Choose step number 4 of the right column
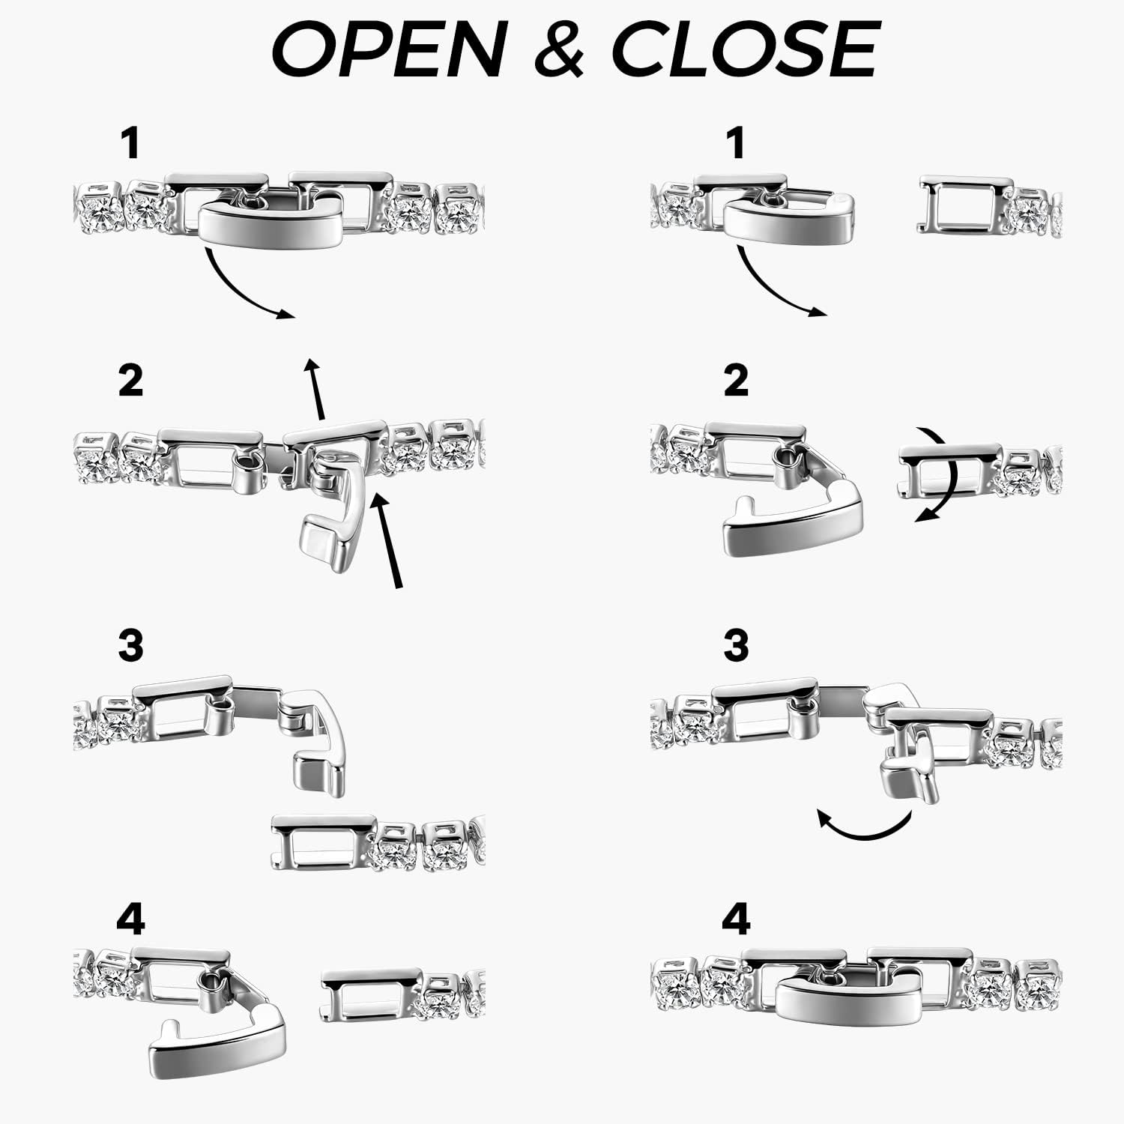(736, 919)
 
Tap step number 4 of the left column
(130, 919)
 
